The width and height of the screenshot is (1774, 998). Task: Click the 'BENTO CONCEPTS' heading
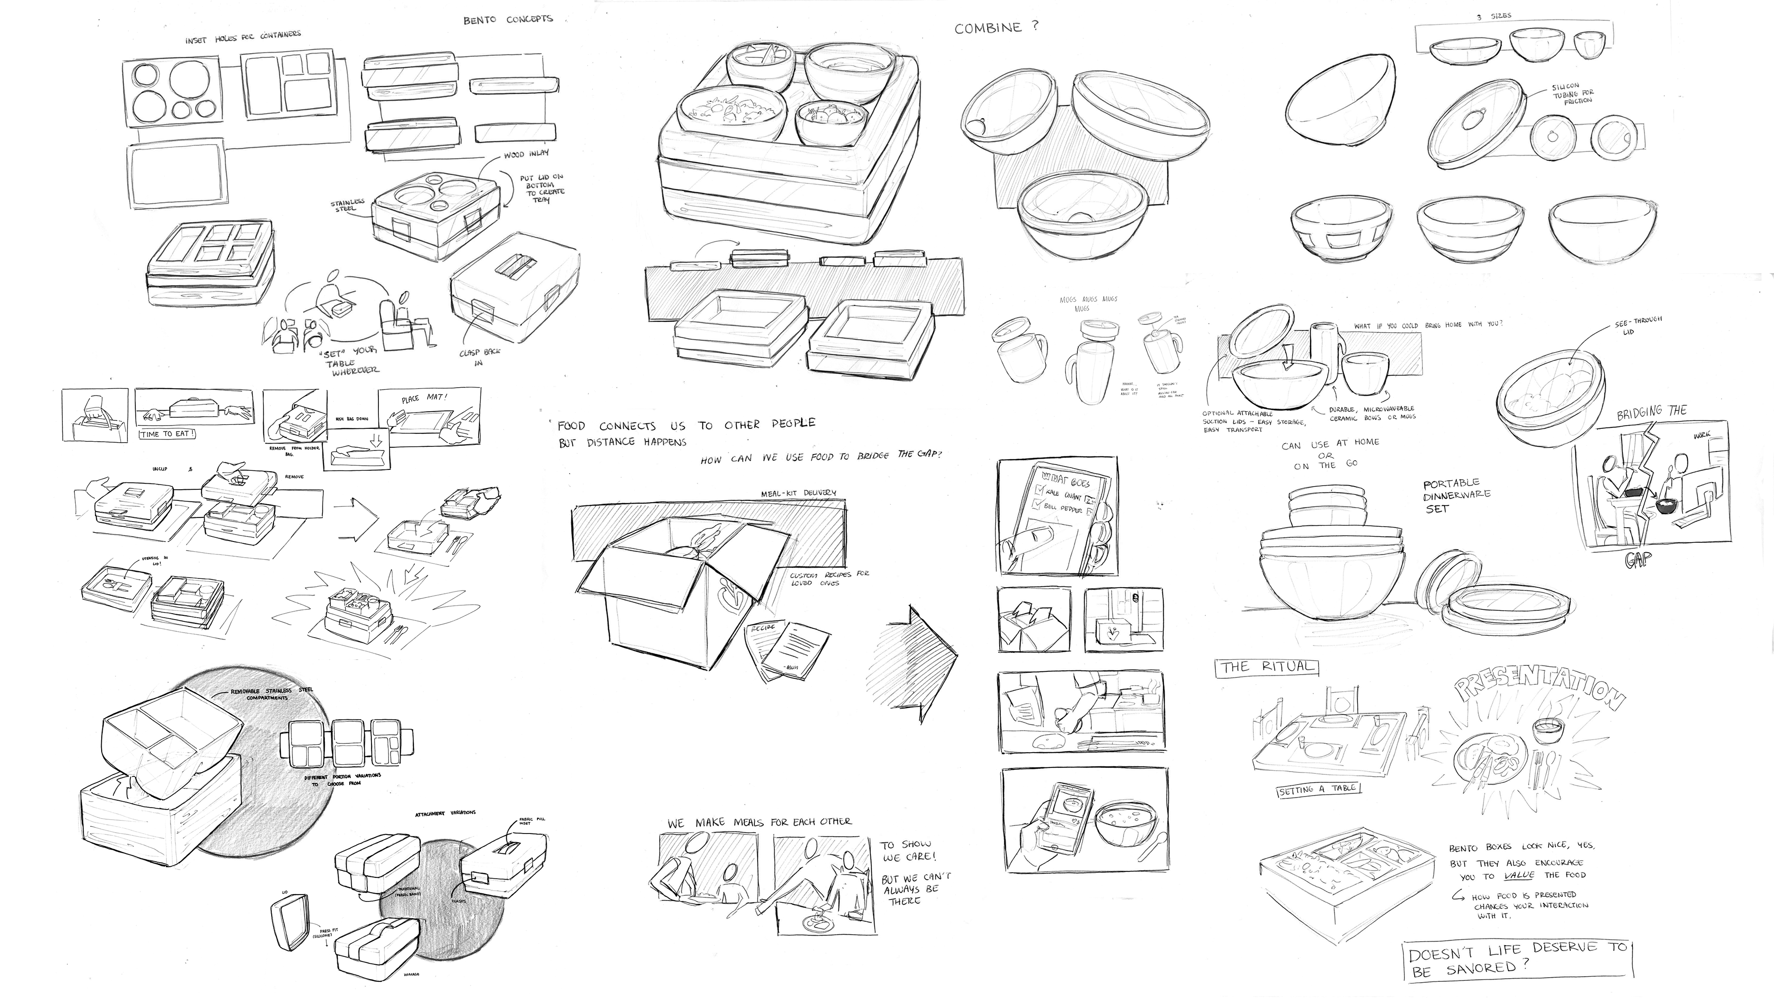pos(508,19)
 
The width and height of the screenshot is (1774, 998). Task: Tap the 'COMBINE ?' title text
pos(996,28)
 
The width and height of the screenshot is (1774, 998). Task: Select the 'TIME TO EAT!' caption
pos(167,434)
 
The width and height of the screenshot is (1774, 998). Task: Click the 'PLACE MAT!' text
pos(424,399)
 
